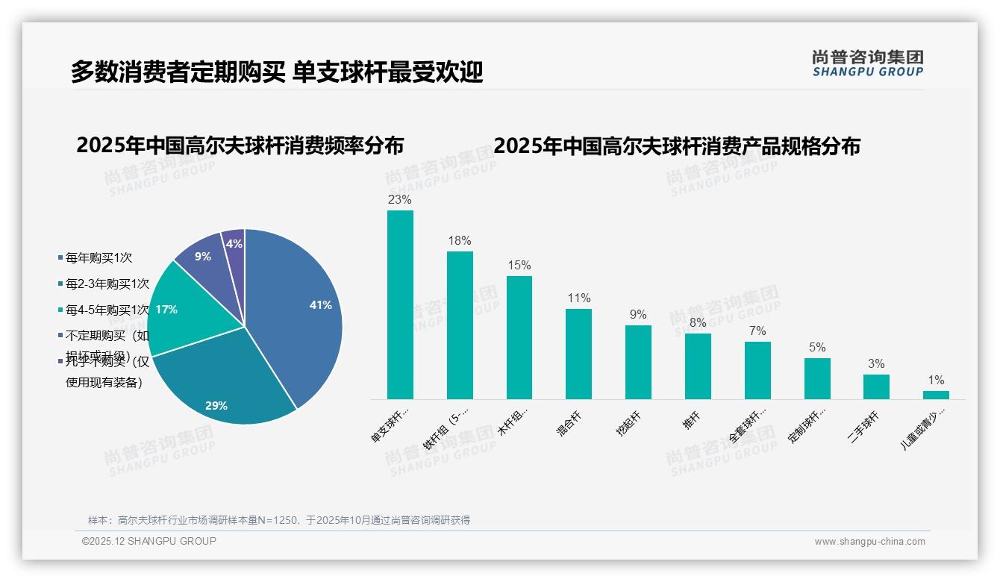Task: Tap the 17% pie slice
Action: coord(179,310)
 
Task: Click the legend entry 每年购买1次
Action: coord(99,258)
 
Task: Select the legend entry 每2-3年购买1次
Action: coord(107,284)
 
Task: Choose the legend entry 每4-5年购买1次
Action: coord(107,310)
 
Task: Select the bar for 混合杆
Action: coord(578,354)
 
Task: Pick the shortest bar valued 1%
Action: coord(936,395)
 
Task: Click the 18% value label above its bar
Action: coord(459,241)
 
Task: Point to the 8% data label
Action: coord(697,323)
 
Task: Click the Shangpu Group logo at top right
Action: coord(867,63)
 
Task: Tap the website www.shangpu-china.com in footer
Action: coord(869,542)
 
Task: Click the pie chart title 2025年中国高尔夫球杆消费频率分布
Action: coord(240,145)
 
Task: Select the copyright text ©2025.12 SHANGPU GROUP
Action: coord(149,541)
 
